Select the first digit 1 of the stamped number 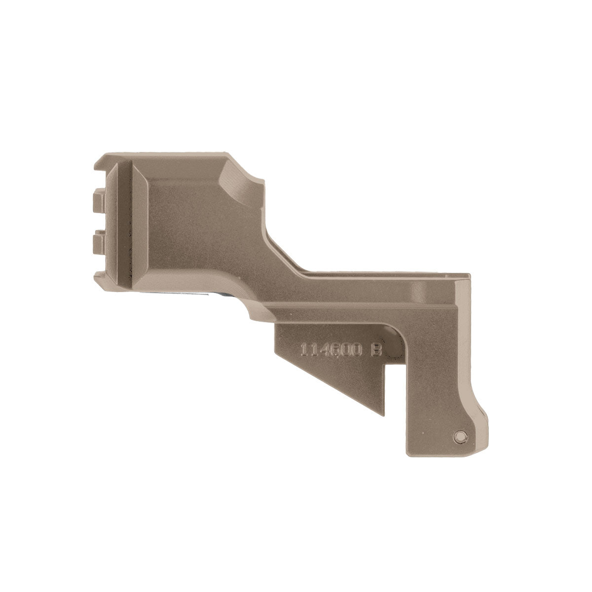pyautogui.click(x=304, y=350)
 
